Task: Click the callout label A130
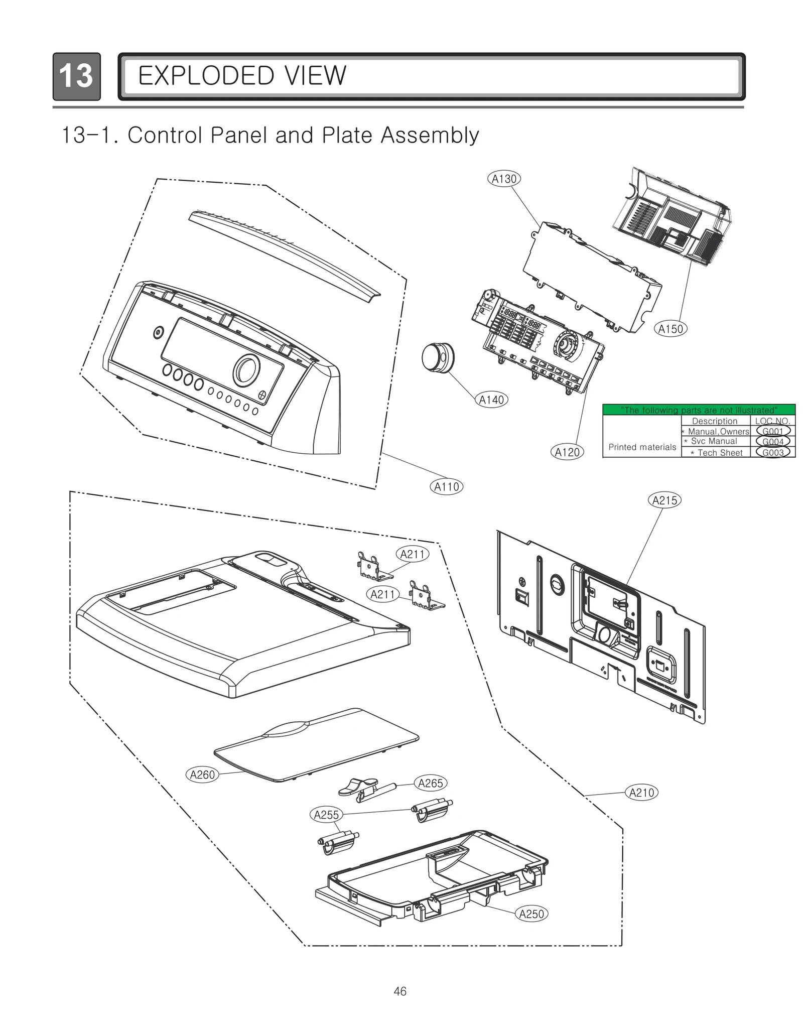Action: [504, 179]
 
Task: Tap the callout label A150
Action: [671, 329]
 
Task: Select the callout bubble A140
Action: [491, 400]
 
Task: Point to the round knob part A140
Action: [437, 357]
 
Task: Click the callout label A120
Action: [567, 452]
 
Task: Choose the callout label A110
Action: [446, 486]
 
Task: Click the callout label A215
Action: [664, 500]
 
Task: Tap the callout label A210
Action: [641, 793]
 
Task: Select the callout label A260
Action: [202, 774]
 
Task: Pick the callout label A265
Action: [430, 783]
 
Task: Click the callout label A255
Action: [326, 815]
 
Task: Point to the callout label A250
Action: [531, 914]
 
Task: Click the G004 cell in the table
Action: [773, 442]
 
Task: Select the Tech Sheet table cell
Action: [716, 453]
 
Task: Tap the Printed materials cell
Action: [642, 447]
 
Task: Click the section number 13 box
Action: [76, 76]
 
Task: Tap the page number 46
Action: [400, 991]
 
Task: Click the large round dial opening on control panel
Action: [246, 370]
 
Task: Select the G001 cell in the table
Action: [773, 431]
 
